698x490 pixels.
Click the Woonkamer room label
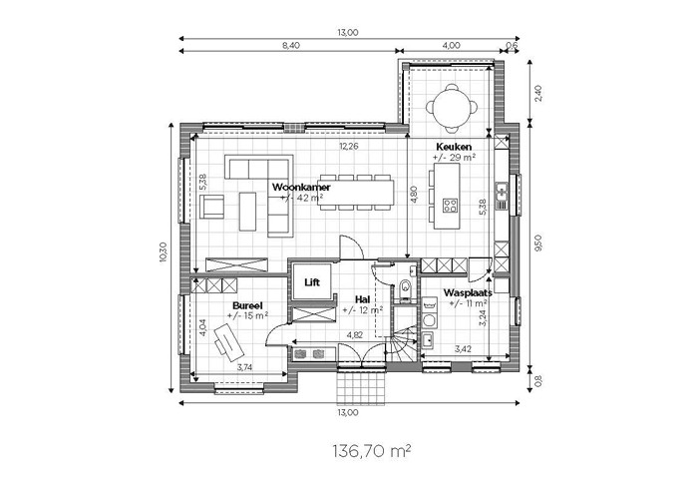pos(301,187)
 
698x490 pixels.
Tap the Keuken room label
pos(454,147)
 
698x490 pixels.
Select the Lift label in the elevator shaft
pos(312,282)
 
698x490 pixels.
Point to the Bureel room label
pos(247,305)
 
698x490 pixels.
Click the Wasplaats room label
pos(468,292)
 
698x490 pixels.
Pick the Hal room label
pos(362,299)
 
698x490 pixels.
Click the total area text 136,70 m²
pos(371,451)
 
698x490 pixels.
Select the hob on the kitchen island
pos(449,206)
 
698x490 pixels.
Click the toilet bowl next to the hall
pos(405,287)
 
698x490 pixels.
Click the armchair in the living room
pos(211,208)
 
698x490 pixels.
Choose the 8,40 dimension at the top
pos(291,45)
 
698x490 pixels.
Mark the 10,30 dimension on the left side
pos(163,252)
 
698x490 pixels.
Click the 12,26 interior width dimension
pos(349,146)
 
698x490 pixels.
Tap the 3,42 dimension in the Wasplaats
pos(464,349)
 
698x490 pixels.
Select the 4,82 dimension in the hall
pos(354,335)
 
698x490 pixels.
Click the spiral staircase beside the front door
pos(402,344)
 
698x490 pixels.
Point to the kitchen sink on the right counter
pos(502,193)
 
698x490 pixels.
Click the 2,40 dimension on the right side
pos(538,94)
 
